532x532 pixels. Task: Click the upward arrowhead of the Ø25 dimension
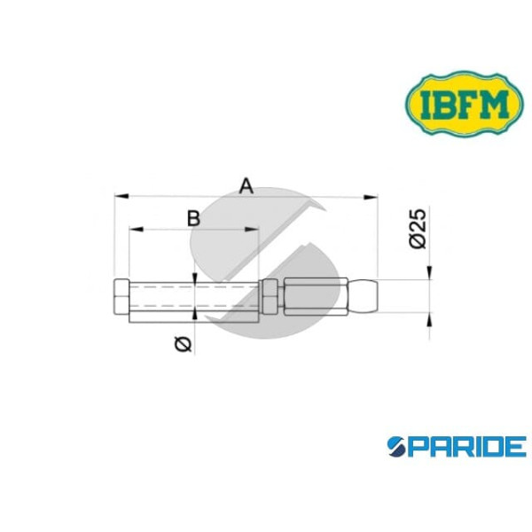click(x=428, y=320)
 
